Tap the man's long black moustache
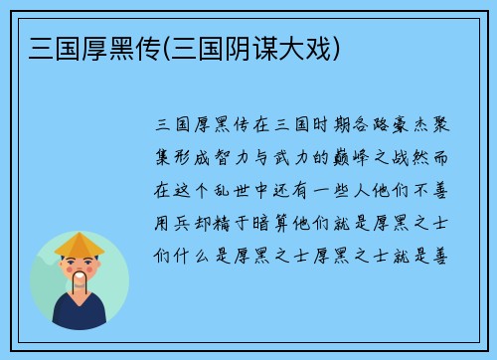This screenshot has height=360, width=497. click(81, 286)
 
